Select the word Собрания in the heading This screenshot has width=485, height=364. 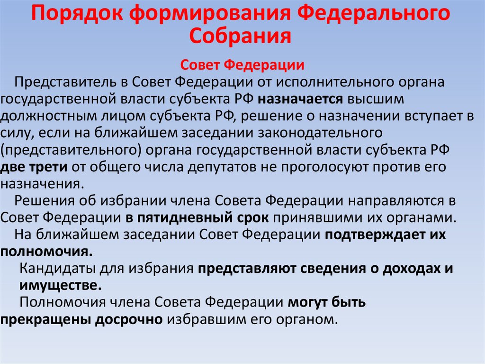[x=242, y=36]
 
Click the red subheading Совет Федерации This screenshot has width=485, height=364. [x=242, y=65]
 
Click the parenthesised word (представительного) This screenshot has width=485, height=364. [x=74, y=150]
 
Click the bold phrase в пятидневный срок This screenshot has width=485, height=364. [x=198, y=218]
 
